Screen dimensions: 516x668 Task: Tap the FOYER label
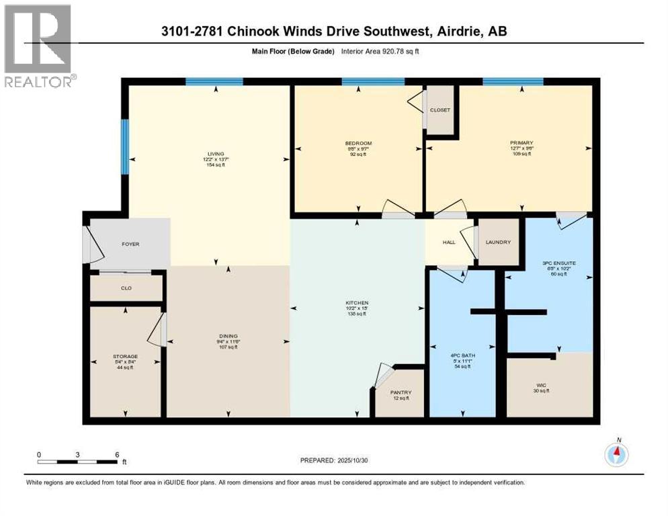(x=131, y=244)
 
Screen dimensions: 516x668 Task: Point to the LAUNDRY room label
(x=498, y=242)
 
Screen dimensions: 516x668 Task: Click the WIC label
(x=541, y=385)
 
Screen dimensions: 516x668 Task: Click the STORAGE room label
(x=126, y=356)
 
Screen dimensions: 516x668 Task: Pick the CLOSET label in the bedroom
(x=441, y=110)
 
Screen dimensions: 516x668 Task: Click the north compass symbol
(x=616, y=455)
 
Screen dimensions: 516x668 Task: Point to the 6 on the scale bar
(x=117, y=454)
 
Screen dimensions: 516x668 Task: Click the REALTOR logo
(x=38, y=46)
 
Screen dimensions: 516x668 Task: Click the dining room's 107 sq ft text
(x=228, y=347)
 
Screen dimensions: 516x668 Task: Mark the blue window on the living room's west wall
(x=124, y=146)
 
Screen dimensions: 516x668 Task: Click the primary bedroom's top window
(x=513, y=82)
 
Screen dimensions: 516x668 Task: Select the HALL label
(x=449, y=242)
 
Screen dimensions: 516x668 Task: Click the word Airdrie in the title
(x=457, y=31)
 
